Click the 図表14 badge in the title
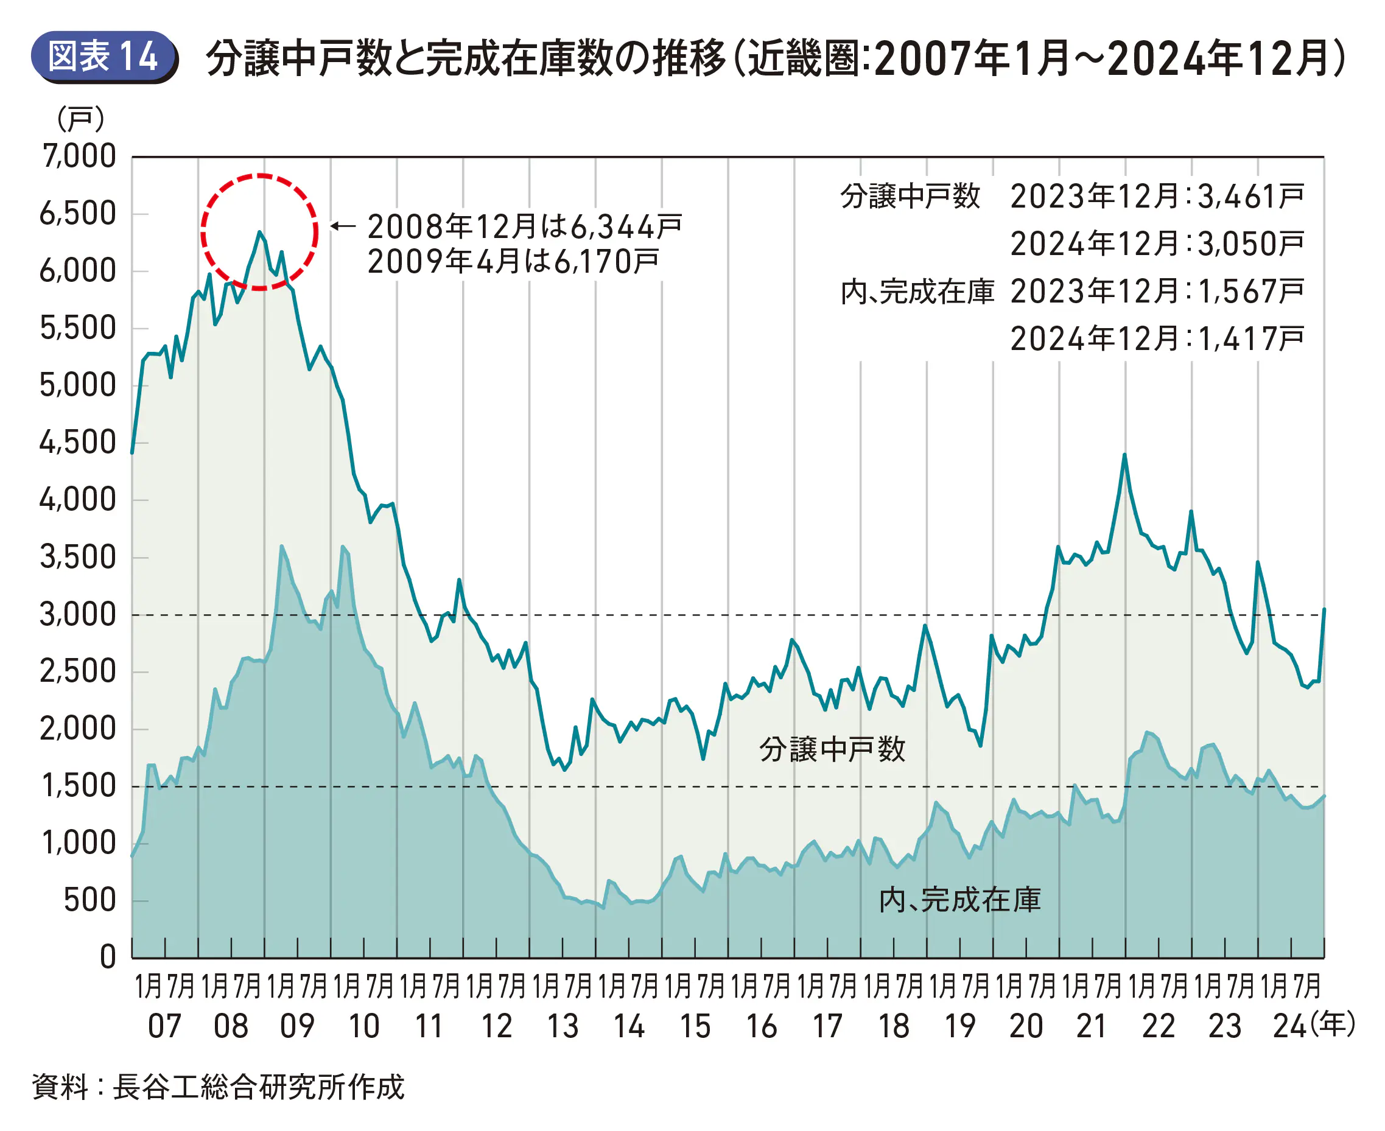pos(103,57)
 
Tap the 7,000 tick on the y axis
pos(79,156)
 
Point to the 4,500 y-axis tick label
pos(77,443)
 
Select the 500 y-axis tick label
pos(90,900)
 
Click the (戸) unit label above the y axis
pos(81,119)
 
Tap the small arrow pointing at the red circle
pos(343,226)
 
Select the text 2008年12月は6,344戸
pos(524,226)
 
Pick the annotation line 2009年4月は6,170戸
pos(513,261)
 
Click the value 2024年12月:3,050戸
pos(1157,243)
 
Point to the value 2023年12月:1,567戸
pos(1157,290)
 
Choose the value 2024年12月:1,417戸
pos(1157,338)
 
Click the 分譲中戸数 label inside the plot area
pos(832,749)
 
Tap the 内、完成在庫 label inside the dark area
pos(959,900)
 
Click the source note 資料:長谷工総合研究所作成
pos(218,1087)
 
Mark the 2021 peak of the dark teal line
pos(1124,455)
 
